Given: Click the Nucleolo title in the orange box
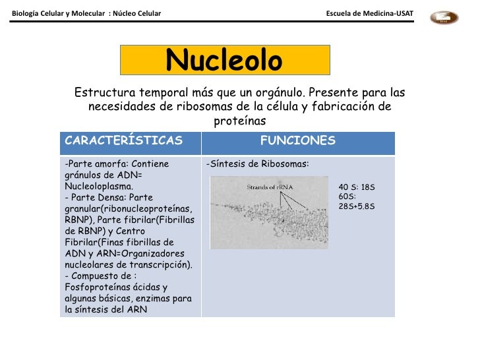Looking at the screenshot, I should [224, 61].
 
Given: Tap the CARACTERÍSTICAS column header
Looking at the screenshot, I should [123, 141].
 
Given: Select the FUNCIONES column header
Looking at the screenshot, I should [298, 141].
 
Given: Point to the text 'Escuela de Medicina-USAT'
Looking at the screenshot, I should [370, 14].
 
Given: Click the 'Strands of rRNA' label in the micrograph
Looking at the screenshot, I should [269, 187].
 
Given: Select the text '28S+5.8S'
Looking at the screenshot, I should [357, 206].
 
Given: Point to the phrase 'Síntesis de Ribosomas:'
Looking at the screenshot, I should [258, 164].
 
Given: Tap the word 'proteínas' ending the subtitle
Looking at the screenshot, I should [239, 121].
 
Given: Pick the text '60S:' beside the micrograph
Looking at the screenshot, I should [347, 196].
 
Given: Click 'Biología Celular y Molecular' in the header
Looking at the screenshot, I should [57, 14].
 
